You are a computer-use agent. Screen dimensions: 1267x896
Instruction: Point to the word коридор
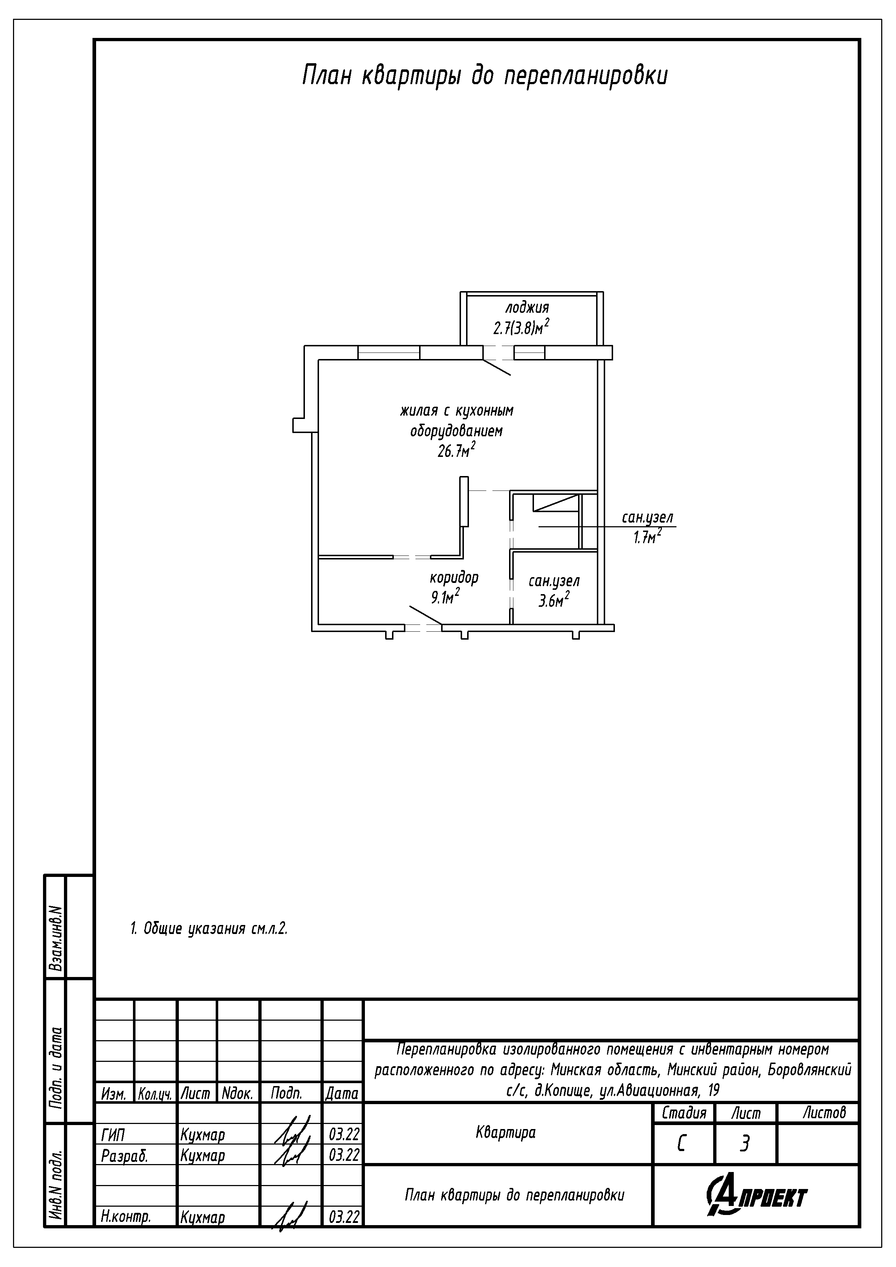click(454, 578)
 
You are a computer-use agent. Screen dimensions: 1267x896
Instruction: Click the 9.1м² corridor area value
click(445, 597)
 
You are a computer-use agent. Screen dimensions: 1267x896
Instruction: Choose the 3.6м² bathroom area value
click(554, 600)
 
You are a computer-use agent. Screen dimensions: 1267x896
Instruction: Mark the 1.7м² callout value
click(647, 536)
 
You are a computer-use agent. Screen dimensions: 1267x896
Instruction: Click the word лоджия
click(527, 307)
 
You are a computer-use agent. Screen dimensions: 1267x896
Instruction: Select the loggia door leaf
click(496, 367)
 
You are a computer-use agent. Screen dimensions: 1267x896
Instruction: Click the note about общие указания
click(209, 929)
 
